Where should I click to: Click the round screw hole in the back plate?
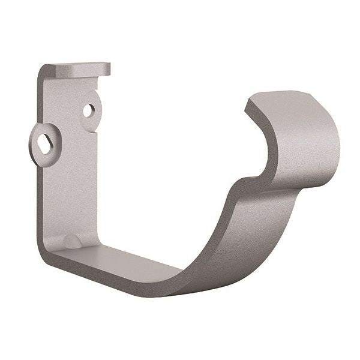pyautogui.click(x=88, y=110)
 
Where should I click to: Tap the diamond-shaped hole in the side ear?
pyautogui.click(x=43, y=142)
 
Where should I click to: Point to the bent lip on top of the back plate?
pyautogui.click(x=78, y=69)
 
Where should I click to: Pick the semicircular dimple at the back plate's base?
pyautogui.click(x=71, y=241)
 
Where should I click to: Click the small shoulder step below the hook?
pyautogui.click(x=240, y=183)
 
